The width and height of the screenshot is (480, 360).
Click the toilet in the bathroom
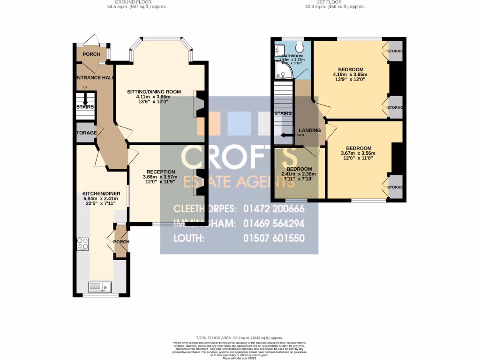[x=300, y=47]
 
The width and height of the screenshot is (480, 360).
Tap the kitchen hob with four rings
[x=83, y=244]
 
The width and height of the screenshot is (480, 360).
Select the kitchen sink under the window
[x=100, y=286]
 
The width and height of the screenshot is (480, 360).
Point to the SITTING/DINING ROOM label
[x=154, y=92]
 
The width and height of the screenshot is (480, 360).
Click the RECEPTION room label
[x=160, y=172]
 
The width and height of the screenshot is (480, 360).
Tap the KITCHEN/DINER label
[x=101, y=194]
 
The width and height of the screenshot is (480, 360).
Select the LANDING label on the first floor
[x=309, y=130]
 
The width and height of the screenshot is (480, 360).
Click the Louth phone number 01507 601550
[x=274, y=238]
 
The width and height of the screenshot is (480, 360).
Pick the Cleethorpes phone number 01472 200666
[x=274, y=208]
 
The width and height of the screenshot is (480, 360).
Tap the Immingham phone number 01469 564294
[x=274, y=223]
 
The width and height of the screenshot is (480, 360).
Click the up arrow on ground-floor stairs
[x=85, y=99]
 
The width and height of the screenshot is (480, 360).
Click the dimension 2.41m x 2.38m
[x=299, y=174]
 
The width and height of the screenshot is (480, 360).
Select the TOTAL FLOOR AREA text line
[x=240, y=337]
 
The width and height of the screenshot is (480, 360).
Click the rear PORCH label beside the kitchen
[x=121, y=242]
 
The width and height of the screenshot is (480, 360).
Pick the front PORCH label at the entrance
[x=91, y=54]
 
